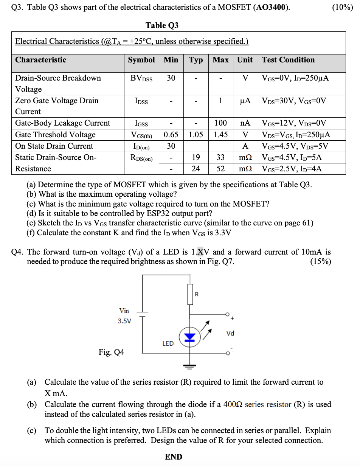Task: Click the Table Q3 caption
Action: coord(162,25)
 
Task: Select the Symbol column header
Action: coord(141,60)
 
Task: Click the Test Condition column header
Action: coord(288,60)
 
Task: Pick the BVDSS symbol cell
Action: coord(141,78)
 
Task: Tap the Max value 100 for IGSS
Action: coord(220,123)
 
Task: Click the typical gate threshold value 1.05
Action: coord(196,135)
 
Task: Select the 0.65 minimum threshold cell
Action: coord(171,135)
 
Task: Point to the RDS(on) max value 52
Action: coord(220,169)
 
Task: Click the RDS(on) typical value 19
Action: coord(196,157)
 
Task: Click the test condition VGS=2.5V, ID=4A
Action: coord(292,169)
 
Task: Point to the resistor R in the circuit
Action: coord(190,294)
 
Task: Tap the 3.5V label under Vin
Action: coord(124,321)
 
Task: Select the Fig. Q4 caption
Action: coord(111,352)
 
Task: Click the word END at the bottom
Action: coord(174,457)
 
